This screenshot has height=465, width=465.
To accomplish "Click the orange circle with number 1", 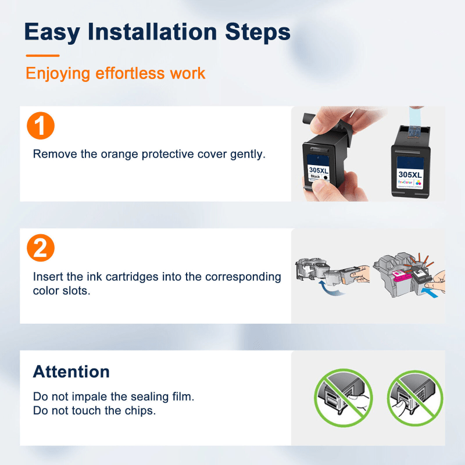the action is pos(41,126).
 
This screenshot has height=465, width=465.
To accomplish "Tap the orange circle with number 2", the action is pos(41,248).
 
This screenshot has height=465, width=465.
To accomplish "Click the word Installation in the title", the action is pos(152,31).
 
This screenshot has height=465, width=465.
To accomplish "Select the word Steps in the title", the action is pos(257,33).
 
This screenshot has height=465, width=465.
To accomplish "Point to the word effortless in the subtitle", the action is pos(130,73).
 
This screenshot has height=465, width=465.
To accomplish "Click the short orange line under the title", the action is pos(42,55).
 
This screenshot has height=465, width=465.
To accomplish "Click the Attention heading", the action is pos(71,371).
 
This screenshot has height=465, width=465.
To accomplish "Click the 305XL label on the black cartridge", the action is pos(319,170).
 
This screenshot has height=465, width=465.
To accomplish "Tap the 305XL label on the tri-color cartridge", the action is pos(410,174).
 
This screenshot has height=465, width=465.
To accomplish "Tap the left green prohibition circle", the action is pos(343,398).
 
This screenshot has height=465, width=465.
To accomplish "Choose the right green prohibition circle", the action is pos(415,398).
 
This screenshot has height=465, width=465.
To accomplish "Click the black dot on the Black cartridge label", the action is pos(325,177).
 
